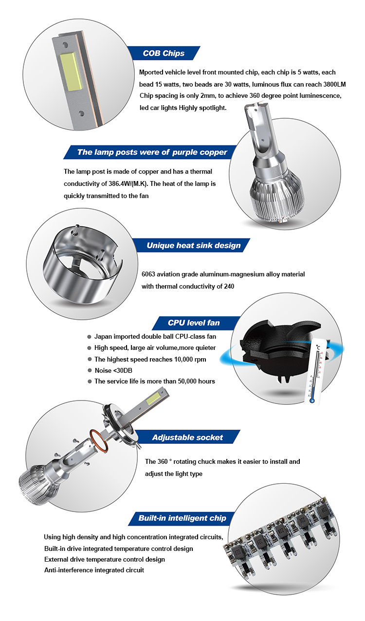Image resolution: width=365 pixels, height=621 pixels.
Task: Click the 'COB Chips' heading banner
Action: pyautogui.click(x=164, y=53)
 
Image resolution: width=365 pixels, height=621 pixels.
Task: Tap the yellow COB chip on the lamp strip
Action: pyautogui.click(x=71, y=71)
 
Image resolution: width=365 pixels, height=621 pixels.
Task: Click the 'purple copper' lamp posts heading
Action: pyautogui.click(x=152, y=152)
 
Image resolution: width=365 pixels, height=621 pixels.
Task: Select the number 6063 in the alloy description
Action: pyautogui.click(x=148, y=274)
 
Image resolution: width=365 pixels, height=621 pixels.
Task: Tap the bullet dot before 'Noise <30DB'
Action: pyautogui.click(x=90, y=370)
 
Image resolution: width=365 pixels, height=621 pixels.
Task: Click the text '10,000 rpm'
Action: pyautogui.click(x=190, y=359)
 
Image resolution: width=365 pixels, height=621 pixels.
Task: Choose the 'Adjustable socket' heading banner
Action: pyautogui.click(x=187, y=438)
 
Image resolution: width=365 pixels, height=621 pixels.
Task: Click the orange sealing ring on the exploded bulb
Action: pyautogui.click(x=99, y=442)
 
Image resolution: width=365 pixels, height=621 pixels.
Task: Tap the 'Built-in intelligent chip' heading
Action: pyautogui.click(x=182, y=518)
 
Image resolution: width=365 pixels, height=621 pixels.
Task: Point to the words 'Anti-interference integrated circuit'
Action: pyautogui.click(x=94, y=570)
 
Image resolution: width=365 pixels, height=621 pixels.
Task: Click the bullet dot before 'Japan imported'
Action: pyautogui.click(x=89, y=337)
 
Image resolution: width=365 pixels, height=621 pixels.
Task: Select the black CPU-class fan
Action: pyautogui.click(x=280, y=351)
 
